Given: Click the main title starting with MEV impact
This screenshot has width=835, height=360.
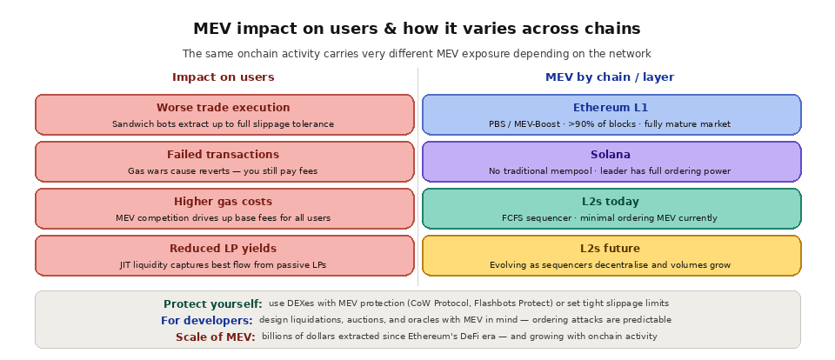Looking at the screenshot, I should click(417, 29).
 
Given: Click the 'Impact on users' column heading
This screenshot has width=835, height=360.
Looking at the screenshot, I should click(224, 77).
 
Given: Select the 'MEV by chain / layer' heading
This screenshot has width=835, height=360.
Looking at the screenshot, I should click(610, 77).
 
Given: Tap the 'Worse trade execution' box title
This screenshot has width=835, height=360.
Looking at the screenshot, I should click(224, 108).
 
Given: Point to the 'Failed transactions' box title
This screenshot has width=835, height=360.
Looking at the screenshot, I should click(224, 155).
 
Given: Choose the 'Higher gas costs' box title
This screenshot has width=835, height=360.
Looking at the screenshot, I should click(224, 202).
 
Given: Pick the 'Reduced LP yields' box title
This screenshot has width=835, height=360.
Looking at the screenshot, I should click(224, 249).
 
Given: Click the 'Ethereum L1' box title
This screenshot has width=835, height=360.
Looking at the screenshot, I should click(611, 108).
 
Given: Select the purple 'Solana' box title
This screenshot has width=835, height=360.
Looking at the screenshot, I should click(611, 155).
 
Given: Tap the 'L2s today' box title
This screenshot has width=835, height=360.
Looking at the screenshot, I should click(611, 202).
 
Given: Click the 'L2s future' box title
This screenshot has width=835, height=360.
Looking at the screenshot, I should click(611, 249).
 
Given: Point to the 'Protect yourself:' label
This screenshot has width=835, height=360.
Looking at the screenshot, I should click(213, 304).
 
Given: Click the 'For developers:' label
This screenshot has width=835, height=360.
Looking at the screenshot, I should click(207, 321).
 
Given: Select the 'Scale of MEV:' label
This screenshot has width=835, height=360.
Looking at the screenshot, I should click(216, 337).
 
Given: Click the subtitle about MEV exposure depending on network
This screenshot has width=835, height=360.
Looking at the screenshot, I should click(417, 54).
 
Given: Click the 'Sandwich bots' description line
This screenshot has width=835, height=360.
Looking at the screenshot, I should click(224, 124).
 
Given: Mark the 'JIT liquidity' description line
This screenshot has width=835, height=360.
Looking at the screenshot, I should click(224, 265).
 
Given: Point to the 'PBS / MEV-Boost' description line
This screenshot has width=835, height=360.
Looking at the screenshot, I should click(611, 124).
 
